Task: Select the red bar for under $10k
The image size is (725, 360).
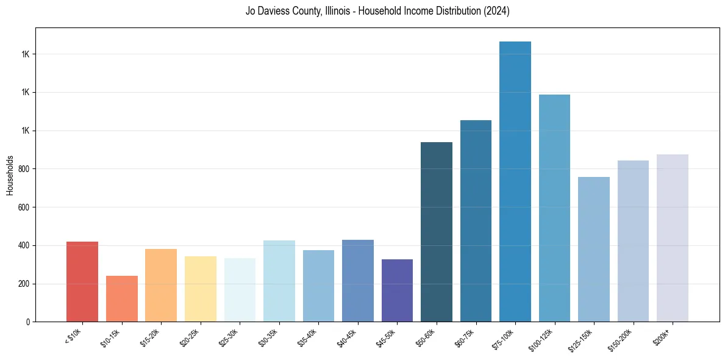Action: pyautogui.click(x=82, y=282)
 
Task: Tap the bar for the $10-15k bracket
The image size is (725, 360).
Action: pyautogui.click(x=121, y=299)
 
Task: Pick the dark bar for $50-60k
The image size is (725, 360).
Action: pyautogui.click(x=437, y=232)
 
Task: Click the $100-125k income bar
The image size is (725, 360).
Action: pyautogui.click(x=554, y=208)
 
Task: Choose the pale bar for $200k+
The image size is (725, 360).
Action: pyautogui.click(x=672, y=238)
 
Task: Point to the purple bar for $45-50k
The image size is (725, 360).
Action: pyautogui.click(x=397, y=290)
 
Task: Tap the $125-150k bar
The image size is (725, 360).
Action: pyautogui.click(x=593, y=250)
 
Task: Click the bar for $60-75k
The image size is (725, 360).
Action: pyautogui.click(x=476, y=221)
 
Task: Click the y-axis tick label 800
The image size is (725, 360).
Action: pyautogui.click(x=24, y=169)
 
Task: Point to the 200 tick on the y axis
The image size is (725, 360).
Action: pyautogui.click(x=24, y=284)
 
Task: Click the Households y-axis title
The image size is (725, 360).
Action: pyautogui.click(x=10, y=175)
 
